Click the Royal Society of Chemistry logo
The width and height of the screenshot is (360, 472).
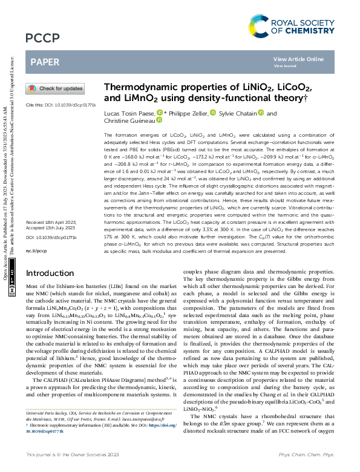[290, 25]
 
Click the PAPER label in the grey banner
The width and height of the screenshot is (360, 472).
[45, 62]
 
